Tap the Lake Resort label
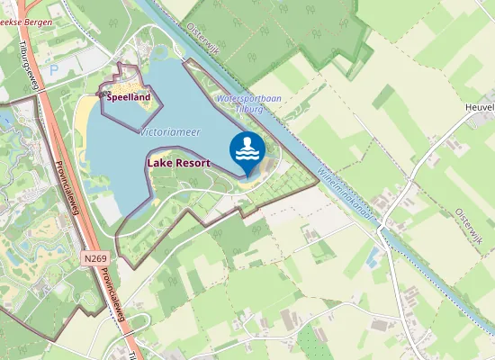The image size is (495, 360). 177,164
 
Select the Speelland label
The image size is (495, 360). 129,97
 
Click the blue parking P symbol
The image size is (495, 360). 53,68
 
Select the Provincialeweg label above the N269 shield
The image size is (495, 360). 67,188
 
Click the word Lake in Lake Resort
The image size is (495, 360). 158,164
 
